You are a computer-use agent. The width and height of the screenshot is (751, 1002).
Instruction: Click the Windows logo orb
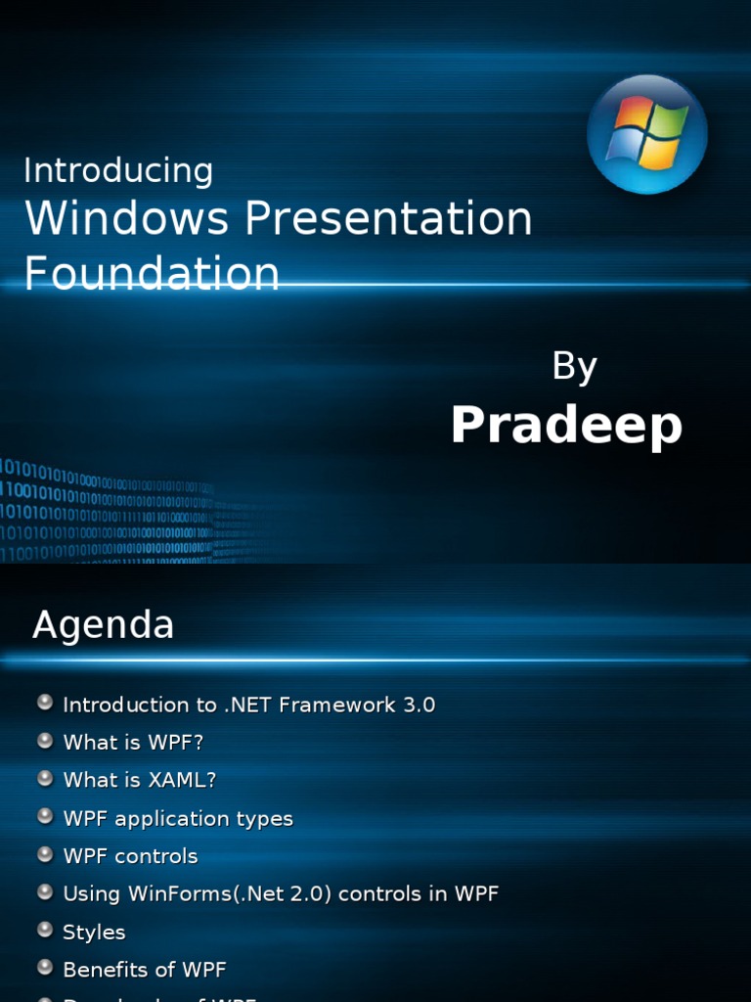click(646, 134)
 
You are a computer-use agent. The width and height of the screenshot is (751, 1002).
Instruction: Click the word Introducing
click(118, 170)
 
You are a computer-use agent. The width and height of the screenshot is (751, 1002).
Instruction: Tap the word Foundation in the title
click(152, 273)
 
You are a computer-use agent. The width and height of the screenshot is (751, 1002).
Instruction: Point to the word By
click(574, 366)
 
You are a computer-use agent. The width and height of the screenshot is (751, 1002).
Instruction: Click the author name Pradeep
click(566, 426)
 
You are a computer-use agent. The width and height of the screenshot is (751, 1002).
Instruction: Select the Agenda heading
click(103, 624)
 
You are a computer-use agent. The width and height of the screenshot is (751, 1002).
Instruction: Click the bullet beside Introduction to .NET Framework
click(45, 703)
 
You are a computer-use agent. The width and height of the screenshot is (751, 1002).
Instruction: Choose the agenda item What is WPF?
click(133, 743)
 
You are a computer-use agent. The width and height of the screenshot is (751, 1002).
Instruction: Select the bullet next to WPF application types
click(45, 816)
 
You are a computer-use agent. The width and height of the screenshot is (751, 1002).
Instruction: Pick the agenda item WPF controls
click(130, 856)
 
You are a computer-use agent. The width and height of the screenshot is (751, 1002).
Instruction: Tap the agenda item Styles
click(94, 933)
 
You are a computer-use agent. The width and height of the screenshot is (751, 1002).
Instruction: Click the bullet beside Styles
click(45, 931)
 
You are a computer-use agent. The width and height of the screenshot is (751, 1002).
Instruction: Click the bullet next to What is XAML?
click(45, 778)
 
